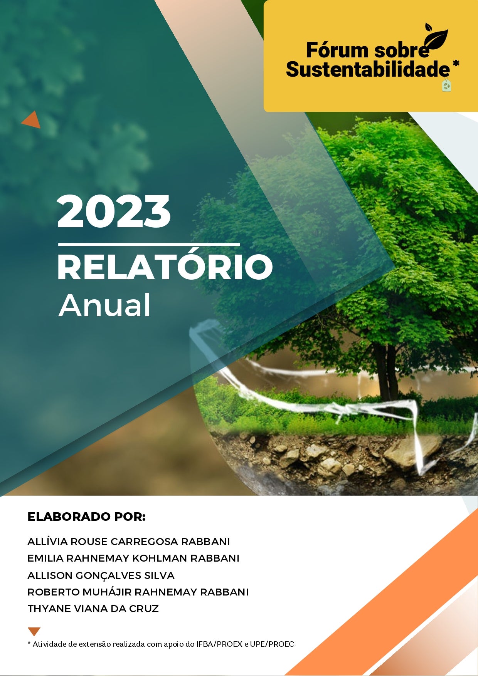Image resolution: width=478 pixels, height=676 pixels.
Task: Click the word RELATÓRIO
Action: click(x=165, y=267)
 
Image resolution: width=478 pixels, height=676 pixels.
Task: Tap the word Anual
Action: click(x=104, y=305)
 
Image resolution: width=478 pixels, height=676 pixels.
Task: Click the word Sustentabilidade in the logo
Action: click(x=368, y=69)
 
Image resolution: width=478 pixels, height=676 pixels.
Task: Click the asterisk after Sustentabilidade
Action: click(x=456, y=63)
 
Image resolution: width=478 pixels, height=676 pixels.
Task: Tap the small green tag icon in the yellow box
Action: click(x=447, y=84)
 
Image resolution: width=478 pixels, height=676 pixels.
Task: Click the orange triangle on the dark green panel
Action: click(x=32, y=120)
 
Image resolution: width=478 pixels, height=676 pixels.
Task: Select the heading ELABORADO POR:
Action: click(x=87, y=517)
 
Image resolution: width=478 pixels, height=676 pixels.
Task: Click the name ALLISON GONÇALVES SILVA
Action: click(x=101, y=575)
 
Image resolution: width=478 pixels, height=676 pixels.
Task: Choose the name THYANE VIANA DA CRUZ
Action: click(x=93, y=609)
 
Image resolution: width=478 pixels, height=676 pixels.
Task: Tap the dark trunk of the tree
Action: click(x=387, y=370)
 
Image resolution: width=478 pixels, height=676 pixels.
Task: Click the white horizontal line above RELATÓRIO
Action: click(x=149, y=244)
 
